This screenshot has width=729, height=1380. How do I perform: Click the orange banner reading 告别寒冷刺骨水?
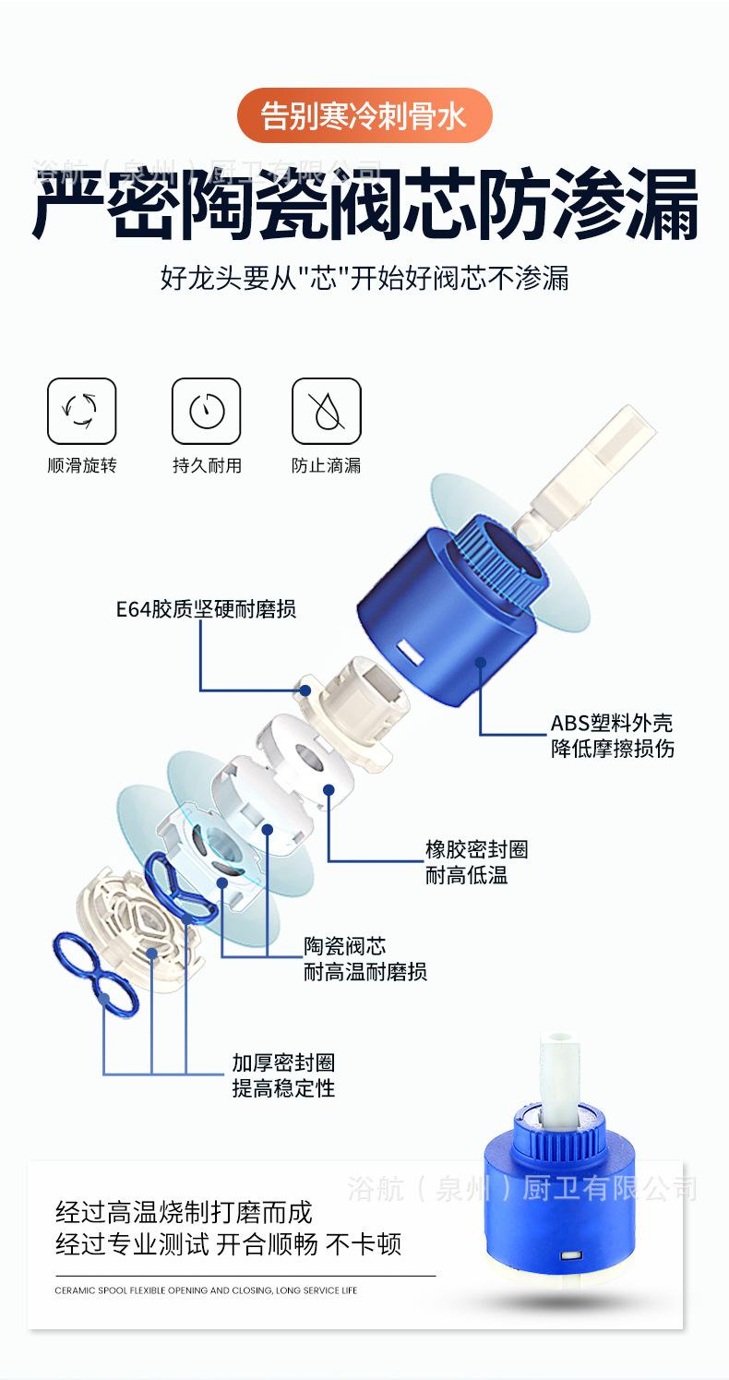point(364,116)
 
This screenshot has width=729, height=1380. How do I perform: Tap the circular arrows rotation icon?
point(81,411)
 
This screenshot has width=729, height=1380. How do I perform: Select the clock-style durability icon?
point(207,411)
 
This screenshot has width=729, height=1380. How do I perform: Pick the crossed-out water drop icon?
point(326,411)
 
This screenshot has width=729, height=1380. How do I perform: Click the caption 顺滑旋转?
point(82,465)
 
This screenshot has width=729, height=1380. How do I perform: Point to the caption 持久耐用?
point(207,465)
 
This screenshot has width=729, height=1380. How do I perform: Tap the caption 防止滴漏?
point(326,465)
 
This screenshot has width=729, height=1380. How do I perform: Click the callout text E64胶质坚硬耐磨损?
point(206,609)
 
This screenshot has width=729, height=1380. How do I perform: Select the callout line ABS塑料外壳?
point(612,723)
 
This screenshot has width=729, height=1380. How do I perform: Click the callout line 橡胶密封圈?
point(476,849)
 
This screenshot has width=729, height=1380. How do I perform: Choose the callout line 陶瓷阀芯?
point(345,946)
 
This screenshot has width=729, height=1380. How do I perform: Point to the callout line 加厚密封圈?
point(283,1063)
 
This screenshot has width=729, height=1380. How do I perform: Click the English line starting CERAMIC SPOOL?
point(206,1290)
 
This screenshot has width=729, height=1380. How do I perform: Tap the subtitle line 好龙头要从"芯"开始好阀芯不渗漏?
point(364,278)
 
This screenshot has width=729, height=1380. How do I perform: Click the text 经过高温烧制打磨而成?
point(185,1211)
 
